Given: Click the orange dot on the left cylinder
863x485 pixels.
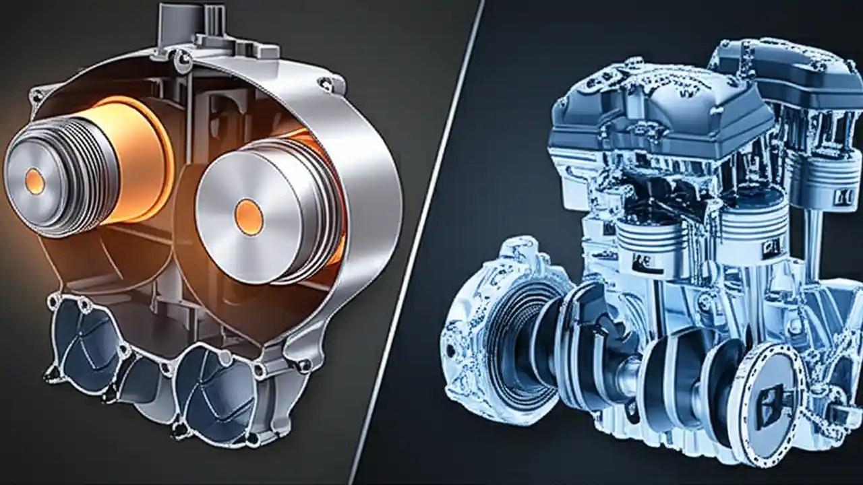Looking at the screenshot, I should click(x=34, y=181).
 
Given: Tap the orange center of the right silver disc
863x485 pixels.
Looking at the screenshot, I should click(x=249, y=217).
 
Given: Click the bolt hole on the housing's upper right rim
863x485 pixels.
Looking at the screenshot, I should click(x=326, y=84).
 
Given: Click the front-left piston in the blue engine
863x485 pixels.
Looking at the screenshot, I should click(x=644, y=246).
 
